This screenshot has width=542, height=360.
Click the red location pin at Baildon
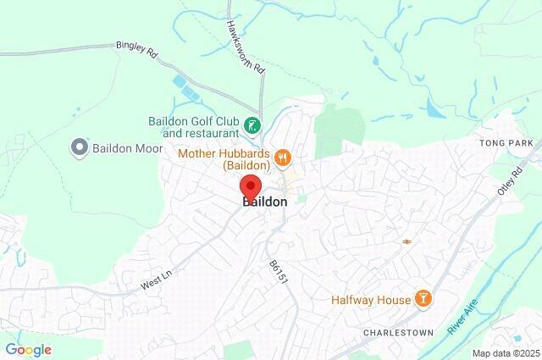(251, 186)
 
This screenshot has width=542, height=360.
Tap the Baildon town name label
(265, 202)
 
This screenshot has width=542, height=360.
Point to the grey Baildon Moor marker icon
(80, 148)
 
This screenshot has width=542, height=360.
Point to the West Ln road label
(155, 282)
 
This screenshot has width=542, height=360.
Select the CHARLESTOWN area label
(398, 333)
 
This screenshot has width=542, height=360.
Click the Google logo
(29, 349)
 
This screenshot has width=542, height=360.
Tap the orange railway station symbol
(407, 241)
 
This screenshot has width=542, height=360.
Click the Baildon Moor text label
(127, 148)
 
